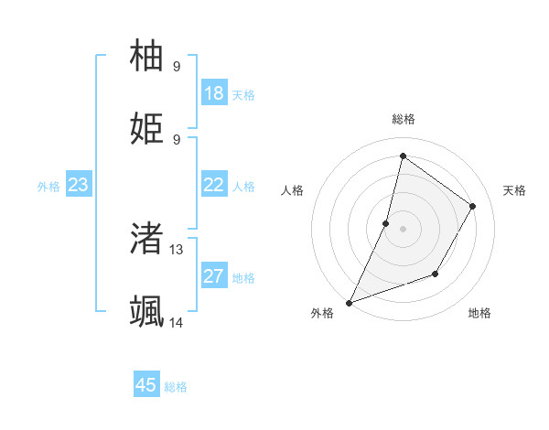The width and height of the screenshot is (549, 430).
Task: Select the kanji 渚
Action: point(147,238)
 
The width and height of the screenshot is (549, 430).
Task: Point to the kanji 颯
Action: point(147,311)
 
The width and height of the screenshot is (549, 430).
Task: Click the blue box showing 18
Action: point(214,93)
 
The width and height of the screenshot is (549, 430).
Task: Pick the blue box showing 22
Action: point(214,185)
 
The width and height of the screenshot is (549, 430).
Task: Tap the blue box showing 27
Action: point(214,276)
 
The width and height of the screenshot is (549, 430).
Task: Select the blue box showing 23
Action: point(78,185)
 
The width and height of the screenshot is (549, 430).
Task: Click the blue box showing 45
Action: point(146,385)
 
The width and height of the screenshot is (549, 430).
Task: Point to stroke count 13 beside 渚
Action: point(177,249)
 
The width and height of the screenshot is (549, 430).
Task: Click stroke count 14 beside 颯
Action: point(177,322)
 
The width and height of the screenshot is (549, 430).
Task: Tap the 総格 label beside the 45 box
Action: point(176,387)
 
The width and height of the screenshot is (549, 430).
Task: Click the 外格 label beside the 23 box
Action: point(48,187)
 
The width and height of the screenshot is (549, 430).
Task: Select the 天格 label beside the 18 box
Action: point(243,95)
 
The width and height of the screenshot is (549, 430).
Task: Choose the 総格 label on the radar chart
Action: point(403,119)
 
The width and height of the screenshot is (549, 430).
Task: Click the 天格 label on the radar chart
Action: point(514,190)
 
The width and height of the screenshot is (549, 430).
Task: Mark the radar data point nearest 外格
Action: point(349,303)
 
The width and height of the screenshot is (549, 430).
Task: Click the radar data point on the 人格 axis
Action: point(386,223)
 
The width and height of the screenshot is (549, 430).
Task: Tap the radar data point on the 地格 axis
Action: point(436,274)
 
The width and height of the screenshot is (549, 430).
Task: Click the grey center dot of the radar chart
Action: point(403,229)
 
